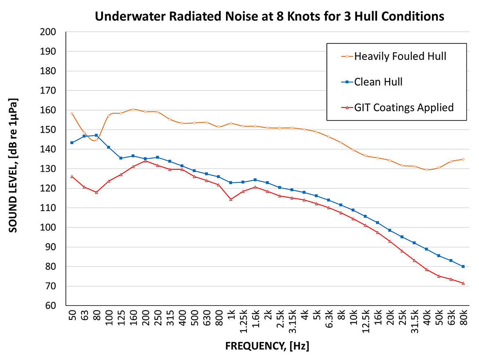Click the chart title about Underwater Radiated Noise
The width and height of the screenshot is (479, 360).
click(x=269, y=16)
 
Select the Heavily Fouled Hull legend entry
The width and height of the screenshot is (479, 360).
click(x=400, y=56)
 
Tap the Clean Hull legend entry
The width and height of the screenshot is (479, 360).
click(x=378, y=82)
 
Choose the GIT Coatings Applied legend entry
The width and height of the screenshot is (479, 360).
click(x=404, y=107)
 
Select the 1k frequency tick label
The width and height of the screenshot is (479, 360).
click(x=231, y=319)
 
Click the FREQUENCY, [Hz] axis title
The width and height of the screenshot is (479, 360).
click(x=267, y=346)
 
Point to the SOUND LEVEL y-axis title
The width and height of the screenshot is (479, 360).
click(x=14, y=165)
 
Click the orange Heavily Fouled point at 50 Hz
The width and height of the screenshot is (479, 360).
click(x=72, y=114)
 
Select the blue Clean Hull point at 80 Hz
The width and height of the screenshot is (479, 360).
click(x=96, y=135)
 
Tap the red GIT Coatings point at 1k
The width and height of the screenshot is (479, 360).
click(x=231, y=199)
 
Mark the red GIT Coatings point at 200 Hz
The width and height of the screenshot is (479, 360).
click(x=145, y=161)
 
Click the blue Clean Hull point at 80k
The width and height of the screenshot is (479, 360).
click(x=463, y=267)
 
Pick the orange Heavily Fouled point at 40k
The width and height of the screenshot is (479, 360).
click(x=427, y=170)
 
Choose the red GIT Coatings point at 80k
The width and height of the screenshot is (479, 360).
click(x=463, y=283)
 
